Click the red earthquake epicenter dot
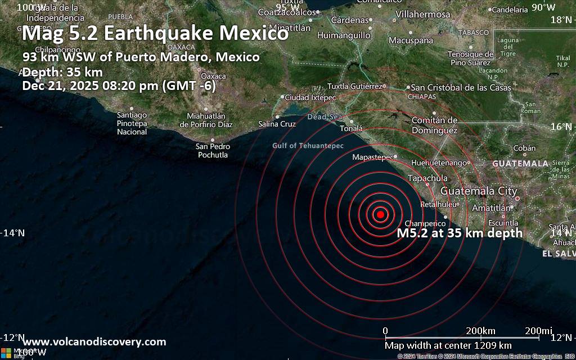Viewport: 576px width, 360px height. pyautogui.click(x=380, y=214)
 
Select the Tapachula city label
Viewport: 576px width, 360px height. pyautogui.click(x=427, y=178)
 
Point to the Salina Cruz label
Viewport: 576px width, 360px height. pyautogui.click(x=277, y=124)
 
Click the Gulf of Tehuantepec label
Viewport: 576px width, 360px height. pyautogui.click(x=308, y=146)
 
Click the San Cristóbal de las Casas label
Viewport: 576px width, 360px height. pyautogui.click(x=461, y=88)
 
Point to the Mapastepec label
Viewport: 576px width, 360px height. pyautogui.click(x=372, y=157)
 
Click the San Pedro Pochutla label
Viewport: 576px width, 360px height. pyautogui.click(x=213, y=150)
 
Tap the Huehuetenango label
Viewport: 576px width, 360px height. pyautogui.click(x=440, y=163)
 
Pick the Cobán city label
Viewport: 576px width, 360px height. pyautogui.click(x=524, y=148)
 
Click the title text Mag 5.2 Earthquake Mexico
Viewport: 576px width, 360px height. pyautogui.click(x=155, y=34)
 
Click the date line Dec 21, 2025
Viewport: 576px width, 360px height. pyautogui.click(x=119, y=86)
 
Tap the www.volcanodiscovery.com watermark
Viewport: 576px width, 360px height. pyautogui.click(x=94, y=341)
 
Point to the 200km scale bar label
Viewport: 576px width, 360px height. pyautogui.click(x=480, y=330)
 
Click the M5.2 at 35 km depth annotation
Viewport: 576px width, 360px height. pyautogui.click(x=460, y=233)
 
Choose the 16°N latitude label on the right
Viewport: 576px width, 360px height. pyautogui.click(x=560, y=127)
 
